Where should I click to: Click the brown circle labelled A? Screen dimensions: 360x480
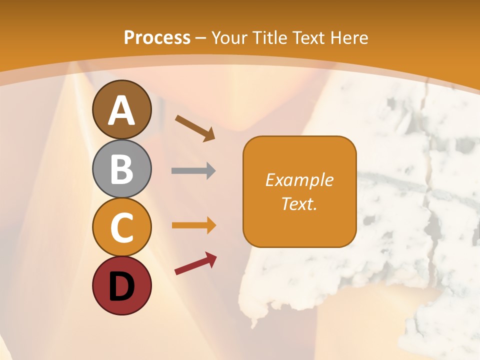tap(121, 109)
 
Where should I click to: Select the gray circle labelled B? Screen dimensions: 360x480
tap(121, 168)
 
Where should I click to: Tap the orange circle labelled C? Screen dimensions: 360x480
tap(121, 227)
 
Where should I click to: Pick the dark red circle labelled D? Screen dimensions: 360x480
tap(121, 285)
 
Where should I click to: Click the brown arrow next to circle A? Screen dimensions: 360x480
tap(195, 127)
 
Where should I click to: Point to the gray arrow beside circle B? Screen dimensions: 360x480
tap(193, 171)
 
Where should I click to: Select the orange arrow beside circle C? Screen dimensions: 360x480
tap(193, 225)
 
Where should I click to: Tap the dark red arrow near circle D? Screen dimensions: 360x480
tap(195, 263)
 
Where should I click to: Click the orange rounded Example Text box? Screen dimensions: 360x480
tap(299, 191)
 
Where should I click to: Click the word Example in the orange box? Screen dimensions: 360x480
tap(299, 180)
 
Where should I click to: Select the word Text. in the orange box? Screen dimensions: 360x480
tap(299, 203)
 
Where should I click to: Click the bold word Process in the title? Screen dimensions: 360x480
tap(157, 38)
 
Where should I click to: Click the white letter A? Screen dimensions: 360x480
tap(121, 110)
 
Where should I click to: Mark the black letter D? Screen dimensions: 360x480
tap(121, 286)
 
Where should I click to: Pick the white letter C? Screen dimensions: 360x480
tap(121, 227)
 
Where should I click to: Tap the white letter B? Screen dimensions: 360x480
tap(121, 169)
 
